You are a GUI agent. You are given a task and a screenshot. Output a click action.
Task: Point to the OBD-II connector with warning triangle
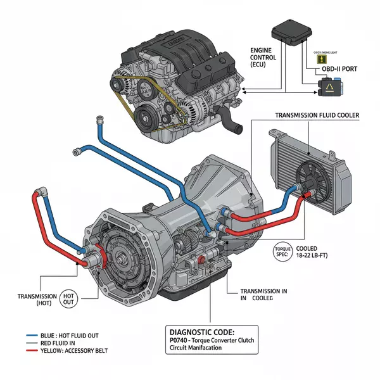click(x=331, y=88)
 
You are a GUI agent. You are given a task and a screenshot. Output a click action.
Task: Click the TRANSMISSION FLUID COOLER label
click(x=317, y=115)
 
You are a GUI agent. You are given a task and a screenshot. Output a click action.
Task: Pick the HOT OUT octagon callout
click(x=69, y=300)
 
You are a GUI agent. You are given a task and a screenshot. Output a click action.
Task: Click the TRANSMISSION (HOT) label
click(x=35, y=300)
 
